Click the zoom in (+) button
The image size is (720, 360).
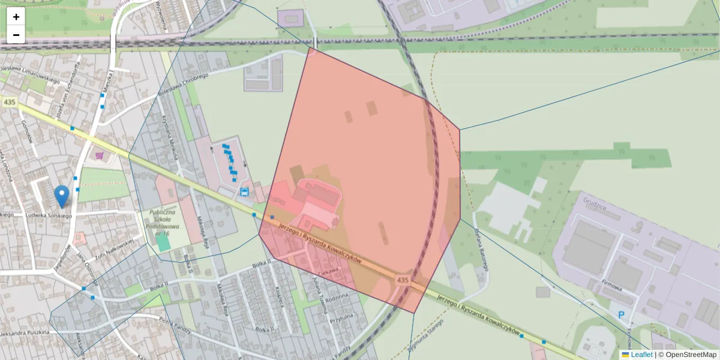(x=16, y=16)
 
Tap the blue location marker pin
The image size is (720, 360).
(x=61, y=196)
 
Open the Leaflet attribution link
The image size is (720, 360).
(x=641, y=355)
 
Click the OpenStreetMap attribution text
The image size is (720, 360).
(x=691, y=355)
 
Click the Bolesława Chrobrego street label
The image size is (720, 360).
(x=183, y=85)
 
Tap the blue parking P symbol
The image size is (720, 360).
(x=622, y=315)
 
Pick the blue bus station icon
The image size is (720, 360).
(x=245, y=192)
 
